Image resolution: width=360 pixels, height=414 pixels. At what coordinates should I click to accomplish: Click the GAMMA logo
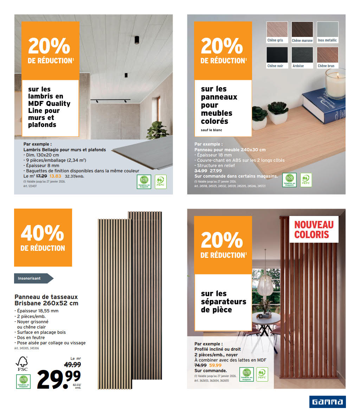(327, 402)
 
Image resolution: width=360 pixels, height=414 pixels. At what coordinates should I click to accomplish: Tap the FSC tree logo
(22, 362)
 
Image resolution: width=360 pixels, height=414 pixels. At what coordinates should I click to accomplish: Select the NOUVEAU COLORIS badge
(314, 229)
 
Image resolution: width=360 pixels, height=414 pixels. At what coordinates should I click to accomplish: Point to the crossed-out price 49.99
(72, 365)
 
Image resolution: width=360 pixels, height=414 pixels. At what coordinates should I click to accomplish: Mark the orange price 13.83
(55, 176)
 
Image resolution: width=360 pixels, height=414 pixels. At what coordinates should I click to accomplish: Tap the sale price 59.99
(216, 365)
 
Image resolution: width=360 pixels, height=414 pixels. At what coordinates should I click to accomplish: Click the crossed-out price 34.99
(201, 171)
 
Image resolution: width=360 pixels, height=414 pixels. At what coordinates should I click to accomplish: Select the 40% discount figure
(43, 233)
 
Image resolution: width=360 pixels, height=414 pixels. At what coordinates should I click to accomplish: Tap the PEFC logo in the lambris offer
(160, 181)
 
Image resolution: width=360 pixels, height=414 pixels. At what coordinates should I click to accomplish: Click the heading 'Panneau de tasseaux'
(46, 297)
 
